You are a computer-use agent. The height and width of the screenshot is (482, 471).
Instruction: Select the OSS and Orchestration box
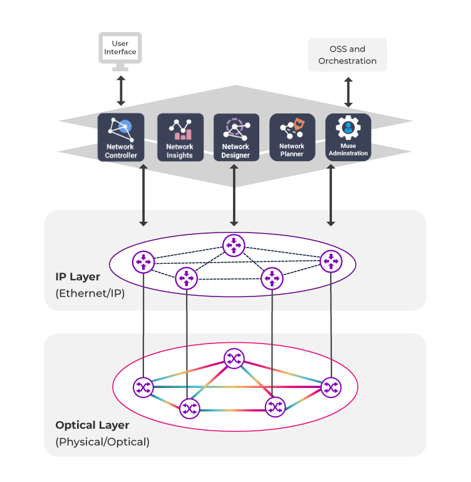click(348, 55)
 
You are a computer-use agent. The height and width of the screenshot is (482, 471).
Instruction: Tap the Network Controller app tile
click(121, 137)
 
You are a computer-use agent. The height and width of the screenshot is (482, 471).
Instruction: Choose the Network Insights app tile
click(180, 137)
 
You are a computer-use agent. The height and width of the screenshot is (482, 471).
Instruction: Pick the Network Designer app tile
click(236, 137)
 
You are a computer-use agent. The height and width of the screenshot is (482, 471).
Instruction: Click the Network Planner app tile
click(292, 137)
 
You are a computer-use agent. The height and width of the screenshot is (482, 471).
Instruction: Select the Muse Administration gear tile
click(348, 137)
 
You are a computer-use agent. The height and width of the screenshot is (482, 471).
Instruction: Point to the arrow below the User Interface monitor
click(121, 92)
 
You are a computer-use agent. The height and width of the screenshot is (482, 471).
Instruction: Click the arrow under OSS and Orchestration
click(348, 92)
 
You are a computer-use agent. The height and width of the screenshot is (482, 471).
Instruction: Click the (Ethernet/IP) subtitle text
click(90, 293)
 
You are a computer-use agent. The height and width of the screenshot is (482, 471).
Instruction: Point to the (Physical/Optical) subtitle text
click(103, 442)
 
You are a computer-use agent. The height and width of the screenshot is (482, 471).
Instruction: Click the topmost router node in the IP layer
click(234, 244)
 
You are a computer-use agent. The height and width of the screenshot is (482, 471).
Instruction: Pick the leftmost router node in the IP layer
click(143, 261)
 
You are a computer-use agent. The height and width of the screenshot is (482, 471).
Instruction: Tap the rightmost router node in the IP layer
click(331, 261)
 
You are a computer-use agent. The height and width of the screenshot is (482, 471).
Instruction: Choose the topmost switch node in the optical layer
click(234, 359)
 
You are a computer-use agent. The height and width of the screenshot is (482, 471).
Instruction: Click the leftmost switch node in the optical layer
click(143, 387)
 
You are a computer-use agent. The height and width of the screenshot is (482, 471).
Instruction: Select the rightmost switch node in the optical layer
click(331, 387)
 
